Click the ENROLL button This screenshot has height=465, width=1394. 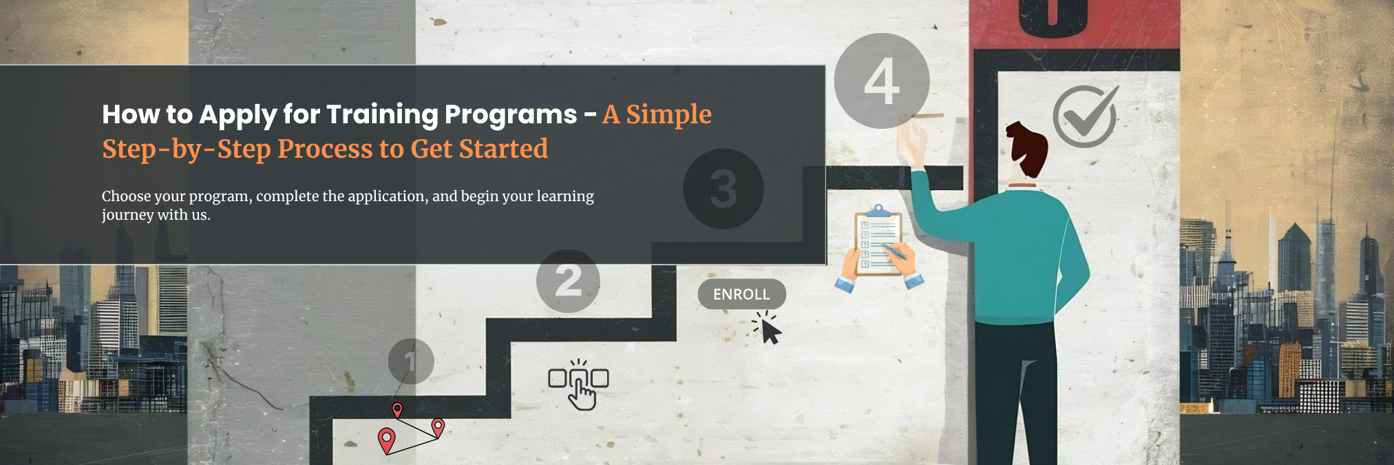(x=741, y=294)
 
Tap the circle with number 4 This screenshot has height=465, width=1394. (x=882, y=81)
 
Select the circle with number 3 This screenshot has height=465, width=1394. (x=724, y=189)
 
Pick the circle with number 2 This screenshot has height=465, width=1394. (x=568, y=280)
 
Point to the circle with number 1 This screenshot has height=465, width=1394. (x=411, y=361)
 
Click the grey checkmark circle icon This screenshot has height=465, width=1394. (x=1086, y=116)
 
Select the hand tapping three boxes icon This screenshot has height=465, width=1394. (x=579, y=384)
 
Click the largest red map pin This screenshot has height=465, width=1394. (x=387, y=440)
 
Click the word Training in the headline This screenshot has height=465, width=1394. (x=382, y=114)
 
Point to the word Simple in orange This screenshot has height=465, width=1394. (x=668, y=114)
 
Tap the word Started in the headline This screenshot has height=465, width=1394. (x=503, y=149)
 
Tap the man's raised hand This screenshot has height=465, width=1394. (x=914, y=141)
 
